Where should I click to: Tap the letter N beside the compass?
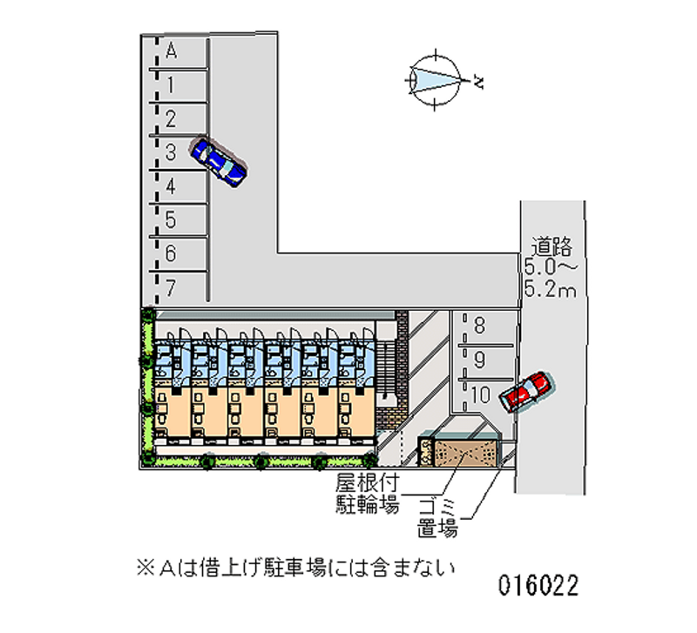[478, 84]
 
